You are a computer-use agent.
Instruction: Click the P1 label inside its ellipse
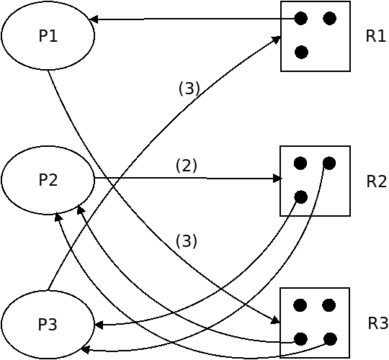48,36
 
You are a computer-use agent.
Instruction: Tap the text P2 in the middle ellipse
48,180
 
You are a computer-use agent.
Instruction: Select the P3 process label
48,324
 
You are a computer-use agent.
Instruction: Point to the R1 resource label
375,36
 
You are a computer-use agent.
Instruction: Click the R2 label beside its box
376,181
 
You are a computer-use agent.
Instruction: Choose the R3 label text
378,323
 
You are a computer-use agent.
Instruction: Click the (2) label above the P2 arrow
187,166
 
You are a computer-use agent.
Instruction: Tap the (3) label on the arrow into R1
189,89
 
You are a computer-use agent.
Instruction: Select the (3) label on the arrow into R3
187,241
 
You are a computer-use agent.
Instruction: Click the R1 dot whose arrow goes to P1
301,18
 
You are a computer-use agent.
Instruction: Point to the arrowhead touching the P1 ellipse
94,19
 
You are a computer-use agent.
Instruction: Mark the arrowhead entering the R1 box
276,40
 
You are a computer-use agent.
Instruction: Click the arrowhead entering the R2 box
277,179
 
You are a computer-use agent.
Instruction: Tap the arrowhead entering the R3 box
275,320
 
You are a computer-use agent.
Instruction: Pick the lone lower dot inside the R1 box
301,53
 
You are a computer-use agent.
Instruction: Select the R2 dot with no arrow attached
300,163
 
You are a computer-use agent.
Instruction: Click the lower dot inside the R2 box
301,197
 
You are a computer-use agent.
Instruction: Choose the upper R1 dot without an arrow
330,18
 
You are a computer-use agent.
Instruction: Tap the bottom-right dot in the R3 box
330,339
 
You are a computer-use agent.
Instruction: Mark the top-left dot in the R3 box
300,305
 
